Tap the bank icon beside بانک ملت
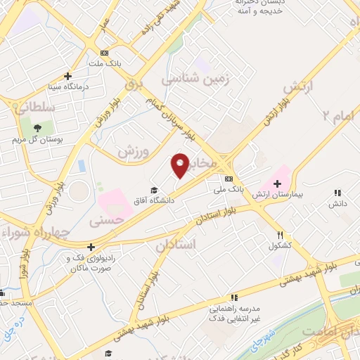click(105, 53)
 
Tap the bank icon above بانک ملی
click(229, 178)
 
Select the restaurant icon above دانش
click(337, 193)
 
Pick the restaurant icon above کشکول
click(280, 236)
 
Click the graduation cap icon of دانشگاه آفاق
click(154, 190)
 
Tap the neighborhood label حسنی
click(105, 220)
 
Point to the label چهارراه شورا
click(35, 231)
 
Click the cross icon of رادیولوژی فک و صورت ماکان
click(91, 247)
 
